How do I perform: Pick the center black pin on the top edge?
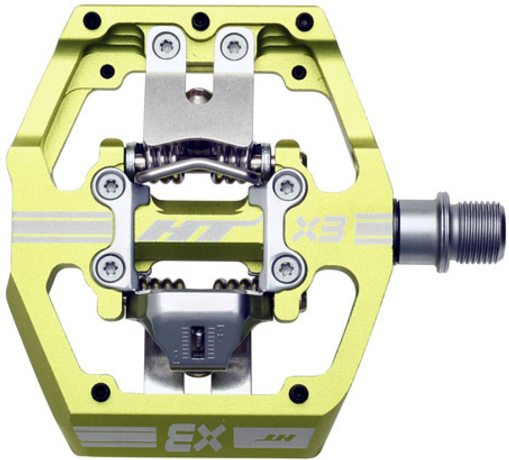[x=201, y=21]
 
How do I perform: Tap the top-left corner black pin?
[x=92, y=22]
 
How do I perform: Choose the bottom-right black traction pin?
[x=299, y=393]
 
